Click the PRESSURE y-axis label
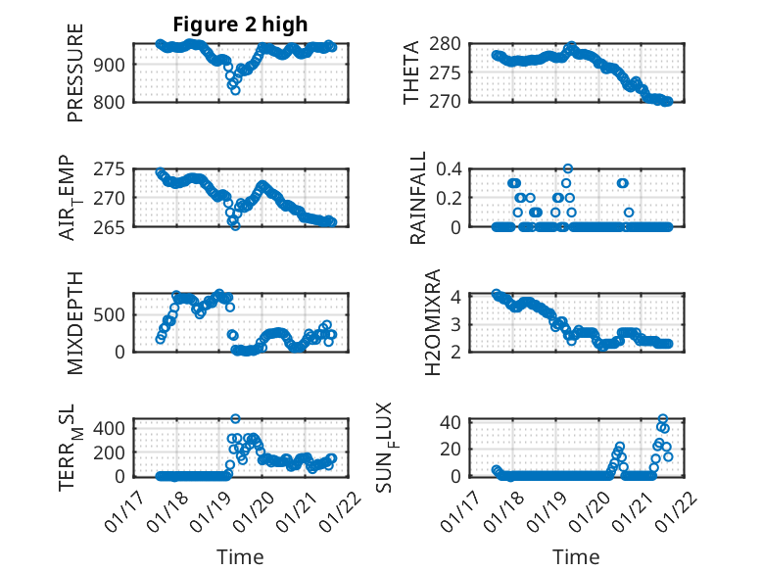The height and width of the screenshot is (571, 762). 75,72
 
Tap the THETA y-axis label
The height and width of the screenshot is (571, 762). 412,72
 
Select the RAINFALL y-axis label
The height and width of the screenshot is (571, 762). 418,198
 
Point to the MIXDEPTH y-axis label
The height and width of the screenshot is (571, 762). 75,322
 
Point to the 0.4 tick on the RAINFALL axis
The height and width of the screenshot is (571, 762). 450,168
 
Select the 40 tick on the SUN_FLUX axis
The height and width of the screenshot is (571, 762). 452,423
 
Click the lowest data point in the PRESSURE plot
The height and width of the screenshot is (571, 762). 235,90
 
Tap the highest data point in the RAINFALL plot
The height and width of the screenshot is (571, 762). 568,168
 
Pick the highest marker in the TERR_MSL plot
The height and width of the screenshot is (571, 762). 235,418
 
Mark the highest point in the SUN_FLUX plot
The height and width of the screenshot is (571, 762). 663,419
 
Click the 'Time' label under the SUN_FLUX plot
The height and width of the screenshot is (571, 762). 577,557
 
